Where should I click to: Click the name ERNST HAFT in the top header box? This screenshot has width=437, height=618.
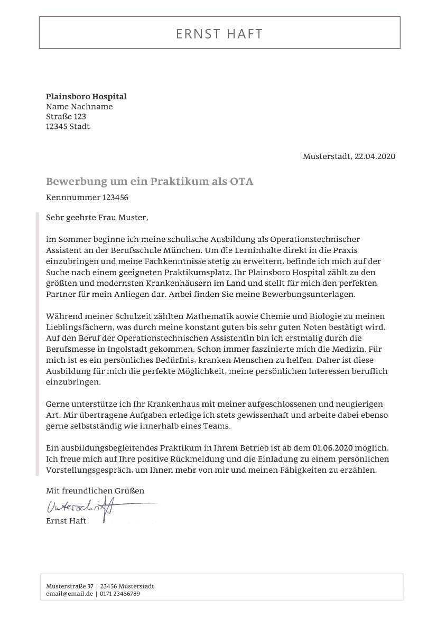219,34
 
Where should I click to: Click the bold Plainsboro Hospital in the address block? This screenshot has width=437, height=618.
86,97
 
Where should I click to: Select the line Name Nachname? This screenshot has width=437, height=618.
79,107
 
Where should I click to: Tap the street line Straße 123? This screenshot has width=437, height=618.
66,117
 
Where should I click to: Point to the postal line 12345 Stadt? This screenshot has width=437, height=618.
68,127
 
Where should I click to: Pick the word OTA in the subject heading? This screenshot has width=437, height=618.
241,182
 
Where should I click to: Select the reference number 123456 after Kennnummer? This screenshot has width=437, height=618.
115,198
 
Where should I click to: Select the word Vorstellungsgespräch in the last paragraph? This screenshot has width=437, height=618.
87,470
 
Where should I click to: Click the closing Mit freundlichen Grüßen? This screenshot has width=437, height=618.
95,491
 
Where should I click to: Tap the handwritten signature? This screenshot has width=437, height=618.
85,508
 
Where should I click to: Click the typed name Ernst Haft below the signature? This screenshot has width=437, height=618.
66,521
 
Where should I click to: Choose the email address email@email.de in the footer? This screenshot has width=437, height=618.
69,594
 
